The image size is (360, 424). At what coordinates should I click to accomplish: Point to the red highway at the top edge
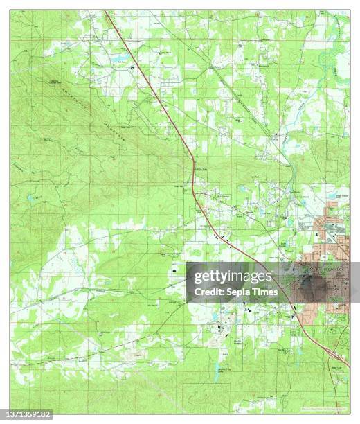pos(107,13)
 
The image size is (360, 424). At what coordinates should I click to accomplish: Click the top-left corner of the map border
pos(10,10)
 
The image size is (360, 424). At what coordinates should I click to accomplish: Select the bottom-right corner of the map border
pos(350,414)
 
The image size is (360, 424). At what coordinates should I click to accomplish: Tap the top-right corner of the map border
pos(350,10)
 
